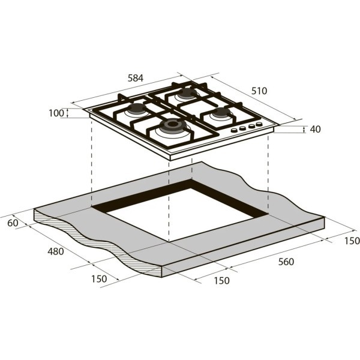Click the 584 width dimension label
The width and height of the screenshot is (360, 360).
coord(136,77)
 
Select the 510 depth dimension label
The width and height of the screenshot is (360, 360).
coord(259,91)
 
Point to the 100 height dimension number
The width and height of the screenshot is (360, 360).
coord(56,113)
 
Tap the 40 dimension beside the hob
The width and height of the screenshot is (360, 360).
coord(316,129)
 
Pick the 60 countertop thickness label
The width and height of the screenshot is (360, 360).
coord(13,223)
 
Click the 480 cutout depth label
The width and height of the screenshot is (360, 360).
coord(55,251)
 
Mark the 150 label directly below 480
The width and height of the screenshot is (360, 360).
coord(99,278)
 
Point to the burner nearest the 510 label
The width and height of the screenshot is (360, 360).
coord(187,93)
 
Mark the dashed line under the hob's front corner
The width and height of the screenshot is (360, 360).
coord(170,198)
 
